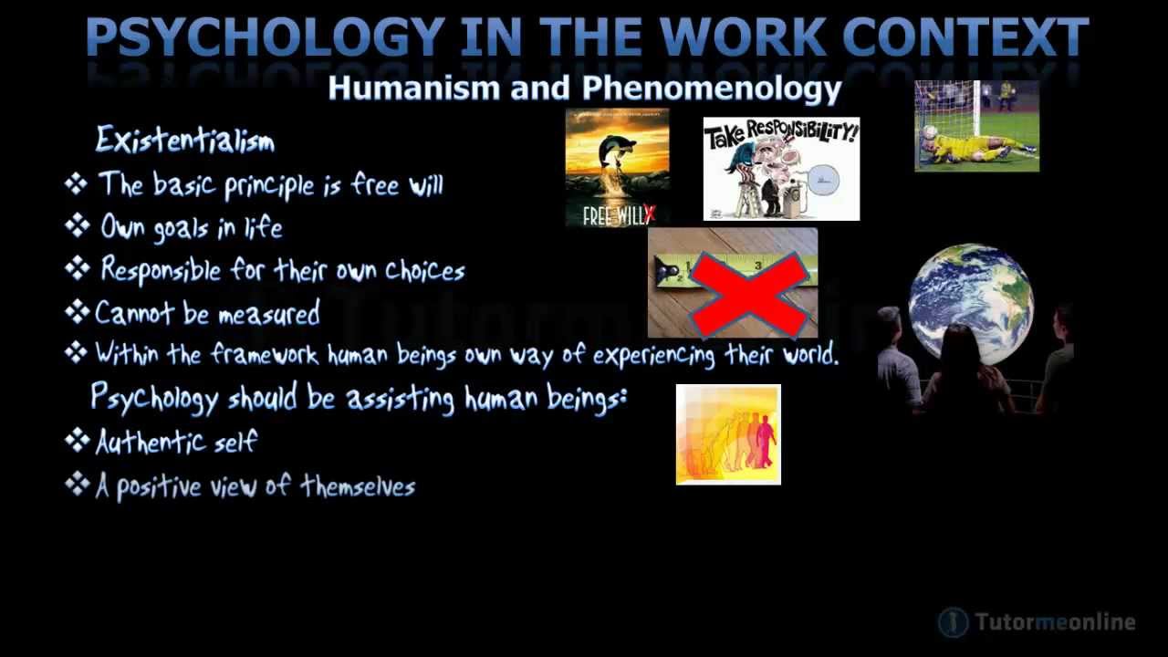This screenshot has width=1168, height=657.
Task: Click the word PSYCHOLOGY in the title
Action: point(266,37)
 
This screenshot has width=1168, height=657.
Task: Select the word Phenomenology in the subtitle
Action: point(712,89)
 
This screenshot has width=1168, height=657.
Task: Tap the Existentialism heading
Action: point(185,140)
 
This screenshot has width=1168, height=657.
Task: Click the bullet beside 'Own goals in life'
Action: point(78,225)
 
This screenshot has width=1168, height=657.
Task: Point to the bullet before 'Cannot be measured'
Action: point(78,312)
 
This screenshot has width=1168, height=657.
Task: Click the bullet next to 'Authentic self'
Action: point(78,440)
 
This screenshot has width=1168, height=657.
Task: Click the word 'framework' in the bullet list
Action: point(265,355)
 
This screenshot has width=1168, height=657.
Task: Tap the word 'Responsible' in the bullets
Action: point(161,270)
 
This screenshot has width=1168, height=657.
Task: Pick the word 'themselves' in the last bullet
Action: point(358,486)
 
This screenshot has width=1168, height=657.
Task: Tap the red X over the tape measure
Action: point(749,295)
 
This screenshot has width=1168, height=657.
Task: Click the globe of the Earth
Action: point(971,304)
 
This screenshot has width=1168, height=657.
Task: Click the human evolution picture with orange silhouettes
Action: point(728,435)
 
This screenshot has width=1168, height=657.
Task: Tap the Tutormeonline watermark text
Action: point(1055,622)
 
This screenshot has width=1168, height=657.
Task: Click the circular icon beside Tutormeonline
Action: point(954,622)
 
